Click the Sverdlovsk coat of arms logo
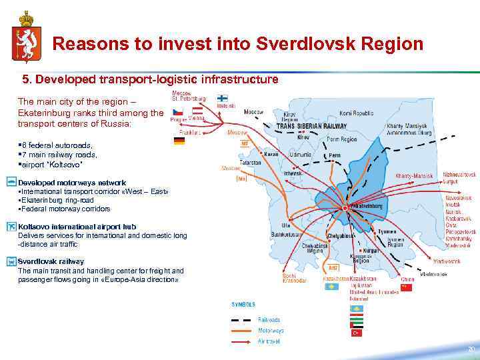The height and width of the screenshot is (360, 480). coord(25,35)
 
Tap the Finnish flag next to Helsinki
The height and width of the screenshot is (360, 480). coord(222,98)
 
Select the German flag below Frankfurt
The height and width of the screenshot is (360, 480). coord(179,141)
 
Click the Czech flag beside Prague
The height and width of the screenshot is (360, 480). coord(177,111)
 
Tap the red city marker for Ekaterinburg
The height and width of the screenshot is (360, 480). coord(345,208)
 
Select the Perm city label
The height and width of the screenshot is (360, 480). coord(335,156)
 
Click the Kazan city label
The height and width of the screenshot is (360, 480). coord(271,154)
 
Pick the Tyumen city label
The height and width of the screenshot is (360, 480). coord(387,231)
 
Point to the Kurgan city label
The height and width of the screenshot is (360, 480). coord(371,250)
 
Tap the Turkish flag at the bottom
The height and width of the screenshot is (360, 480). coord(357,331)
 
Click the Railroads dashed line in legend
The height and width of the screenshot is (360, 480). coord(241,319)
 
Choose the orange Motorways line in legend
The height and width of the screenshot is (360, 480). coord(241,330)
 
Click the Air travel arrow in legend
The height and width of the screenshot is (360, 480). coord(241,341)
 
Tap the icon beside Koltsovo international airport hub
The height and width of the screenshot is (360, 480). coord(11,227)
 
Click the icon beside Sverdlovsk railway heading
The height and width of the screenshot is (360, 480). coord(11,262)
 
